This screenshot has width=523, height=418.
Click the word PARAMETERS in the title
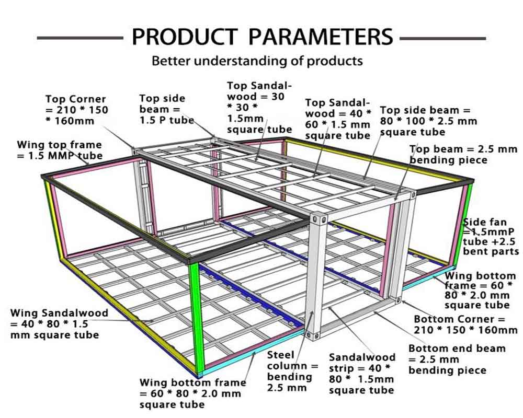coord(320,37)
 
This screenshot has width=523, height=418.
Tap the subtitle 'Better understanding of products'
coord(257,61)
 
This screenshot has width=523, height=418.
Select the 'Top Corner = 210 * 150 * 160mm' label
coord(76,110)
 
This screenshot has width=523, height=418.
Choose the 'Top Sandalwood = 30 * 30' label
coord(259,107)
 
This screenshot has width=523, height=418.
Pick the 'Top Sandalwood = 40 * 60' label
coord(338,119)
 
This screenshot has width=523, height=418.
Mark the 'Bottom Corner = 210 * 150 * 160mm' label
coord(465,324)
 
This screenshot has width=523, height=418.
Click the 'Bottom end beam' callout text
coord(457,359)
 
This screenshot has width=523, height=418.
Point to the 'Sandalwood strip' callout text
coord(362,373)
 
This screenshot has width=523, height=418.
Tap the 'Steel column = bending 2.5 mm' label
coord(292,371)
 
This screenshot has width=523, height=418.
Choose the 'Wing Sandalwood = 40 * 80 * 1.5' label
coord(59,323)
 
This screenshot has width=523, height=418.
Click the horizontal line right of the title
coord(442,38)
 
